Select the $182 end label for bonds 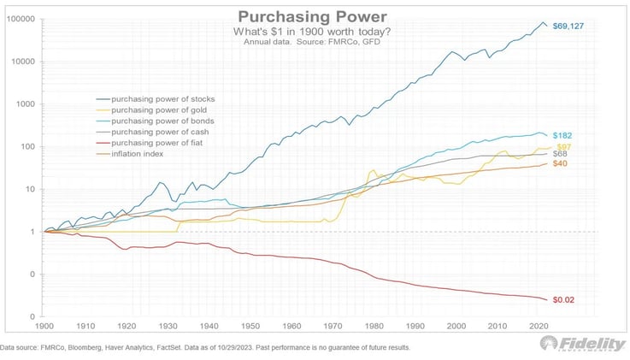click(562, 136)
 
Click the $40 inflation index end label click(560, 163)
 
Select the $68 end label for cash click(560, 154)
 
